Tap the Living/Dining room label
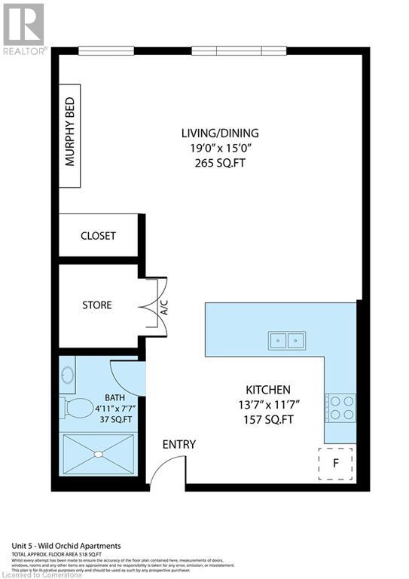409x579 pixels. click(x=215, y=133)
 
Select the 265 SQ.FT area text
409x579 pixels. click(x=215, y=162)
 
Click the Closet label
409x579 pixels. click(x=98, y=236)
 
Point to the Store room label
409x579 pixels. click(x=97, y=305)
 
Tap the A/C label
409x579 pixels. click(x=164, y=306)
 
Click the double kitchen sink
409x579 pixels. click(x=287, y=341)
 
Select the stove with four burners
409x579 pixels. click(x=340, y=407)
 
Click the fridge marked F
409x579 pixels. click(x=335, y=464)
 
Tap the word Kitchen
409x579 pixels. click(x=267, y=390)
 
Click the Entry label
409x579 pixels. click(x=179, y=444)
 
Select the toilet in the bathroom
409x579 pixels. click(x=76, y=408)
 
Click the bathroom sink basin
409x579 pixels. click(x=67, y=375)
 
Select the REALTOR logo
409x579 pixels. click(x=24, y=28)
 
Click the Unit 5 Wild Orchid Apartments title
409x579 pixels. click(x=66, y=546)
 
